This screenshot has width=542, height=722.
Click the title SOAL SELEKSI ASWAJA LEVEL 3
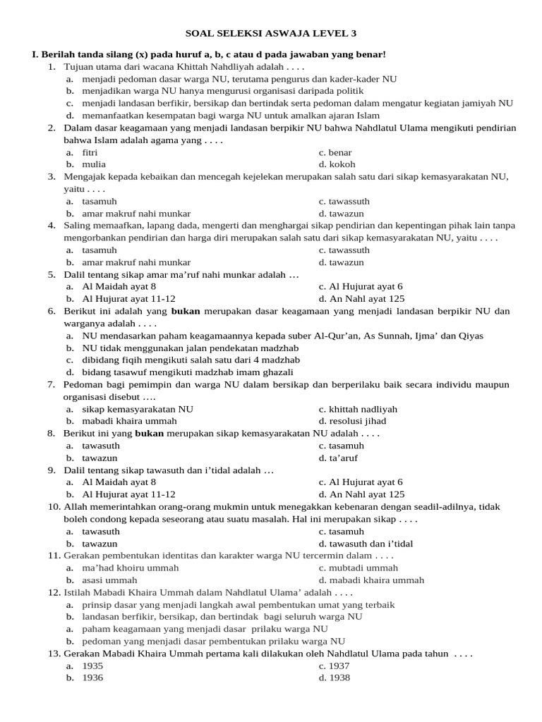(x=270, y=32)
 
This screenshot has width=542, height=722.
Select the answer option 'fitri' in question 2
(x=90, y=152)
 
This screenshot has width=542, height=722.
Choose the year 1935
(x=92, y=666)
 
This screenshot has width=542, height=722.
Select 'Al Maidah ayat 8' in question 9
(x=119, y=482)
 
